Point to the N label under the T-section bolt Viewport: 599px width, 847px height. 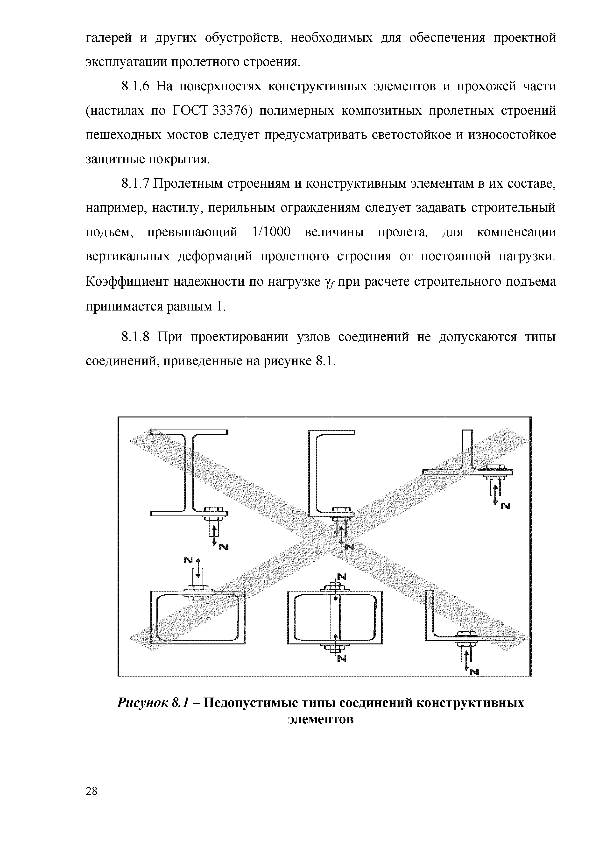505,507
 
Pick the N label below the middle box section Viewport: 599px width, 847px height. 342,658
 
